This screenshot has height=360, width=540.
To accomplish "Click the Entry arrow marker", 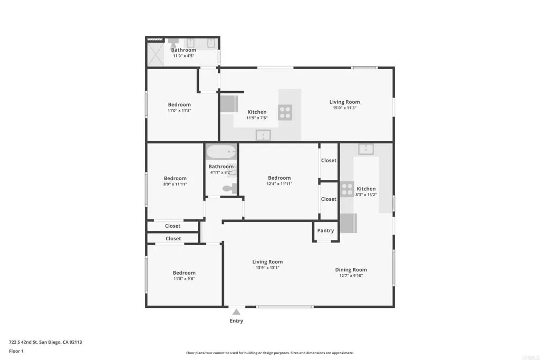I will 237,312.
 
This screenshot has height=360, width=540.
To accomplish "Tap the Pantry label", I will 325,230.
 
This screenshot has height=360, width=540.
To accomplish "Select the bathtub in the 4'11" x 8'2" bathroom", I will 221,152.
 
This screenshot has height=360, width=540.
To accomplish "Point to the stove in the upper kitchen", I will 285,112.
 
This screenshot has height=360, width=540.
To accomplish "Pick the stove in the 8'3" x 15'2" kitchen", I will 346,189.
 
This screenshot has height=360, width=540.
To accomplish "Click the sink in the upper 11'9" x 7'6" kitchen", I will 263,135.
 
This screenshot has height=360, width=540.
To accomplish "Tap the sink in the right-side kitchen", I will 366,149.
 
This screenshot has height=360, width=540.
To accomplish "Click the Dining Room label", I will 351,270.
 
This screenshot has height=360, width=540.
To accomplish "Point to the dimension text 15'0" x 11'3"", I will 344,108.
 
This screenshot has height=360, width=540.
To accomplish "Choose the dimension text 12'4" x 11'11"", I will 279,184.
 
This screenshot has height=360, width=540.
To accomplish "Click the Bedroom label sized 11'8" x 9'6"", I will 184,273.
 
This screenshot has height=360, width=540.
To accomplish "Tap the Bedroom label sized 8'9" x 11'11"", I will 175,178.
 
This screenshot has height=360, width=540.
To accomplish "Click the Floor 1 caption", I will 16,351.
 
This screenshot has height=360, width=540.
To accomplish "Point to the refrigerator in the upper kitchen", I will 229,103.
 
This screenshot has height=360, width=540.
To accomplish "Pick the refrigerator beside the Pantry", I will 348,223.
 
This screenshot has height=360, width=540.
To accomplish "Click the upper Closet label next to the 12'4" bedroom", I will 329,160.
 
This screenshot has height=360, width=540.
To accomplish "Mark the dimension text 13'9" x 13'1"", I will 267,268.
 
